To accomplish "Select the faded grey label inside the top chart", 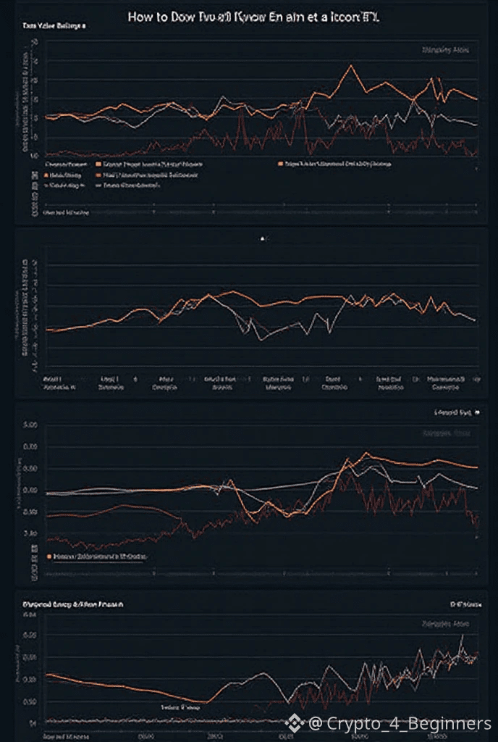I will [x=445, y=50].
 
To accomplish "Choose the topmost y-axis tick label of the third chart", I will [x=30, y=426].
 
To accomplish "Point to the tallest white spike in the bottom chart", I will [x=462, y=635].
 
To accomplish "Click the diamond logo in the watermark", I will [x=293, y=723].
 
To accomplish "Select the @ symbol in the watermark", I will [x=316, y=723].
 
